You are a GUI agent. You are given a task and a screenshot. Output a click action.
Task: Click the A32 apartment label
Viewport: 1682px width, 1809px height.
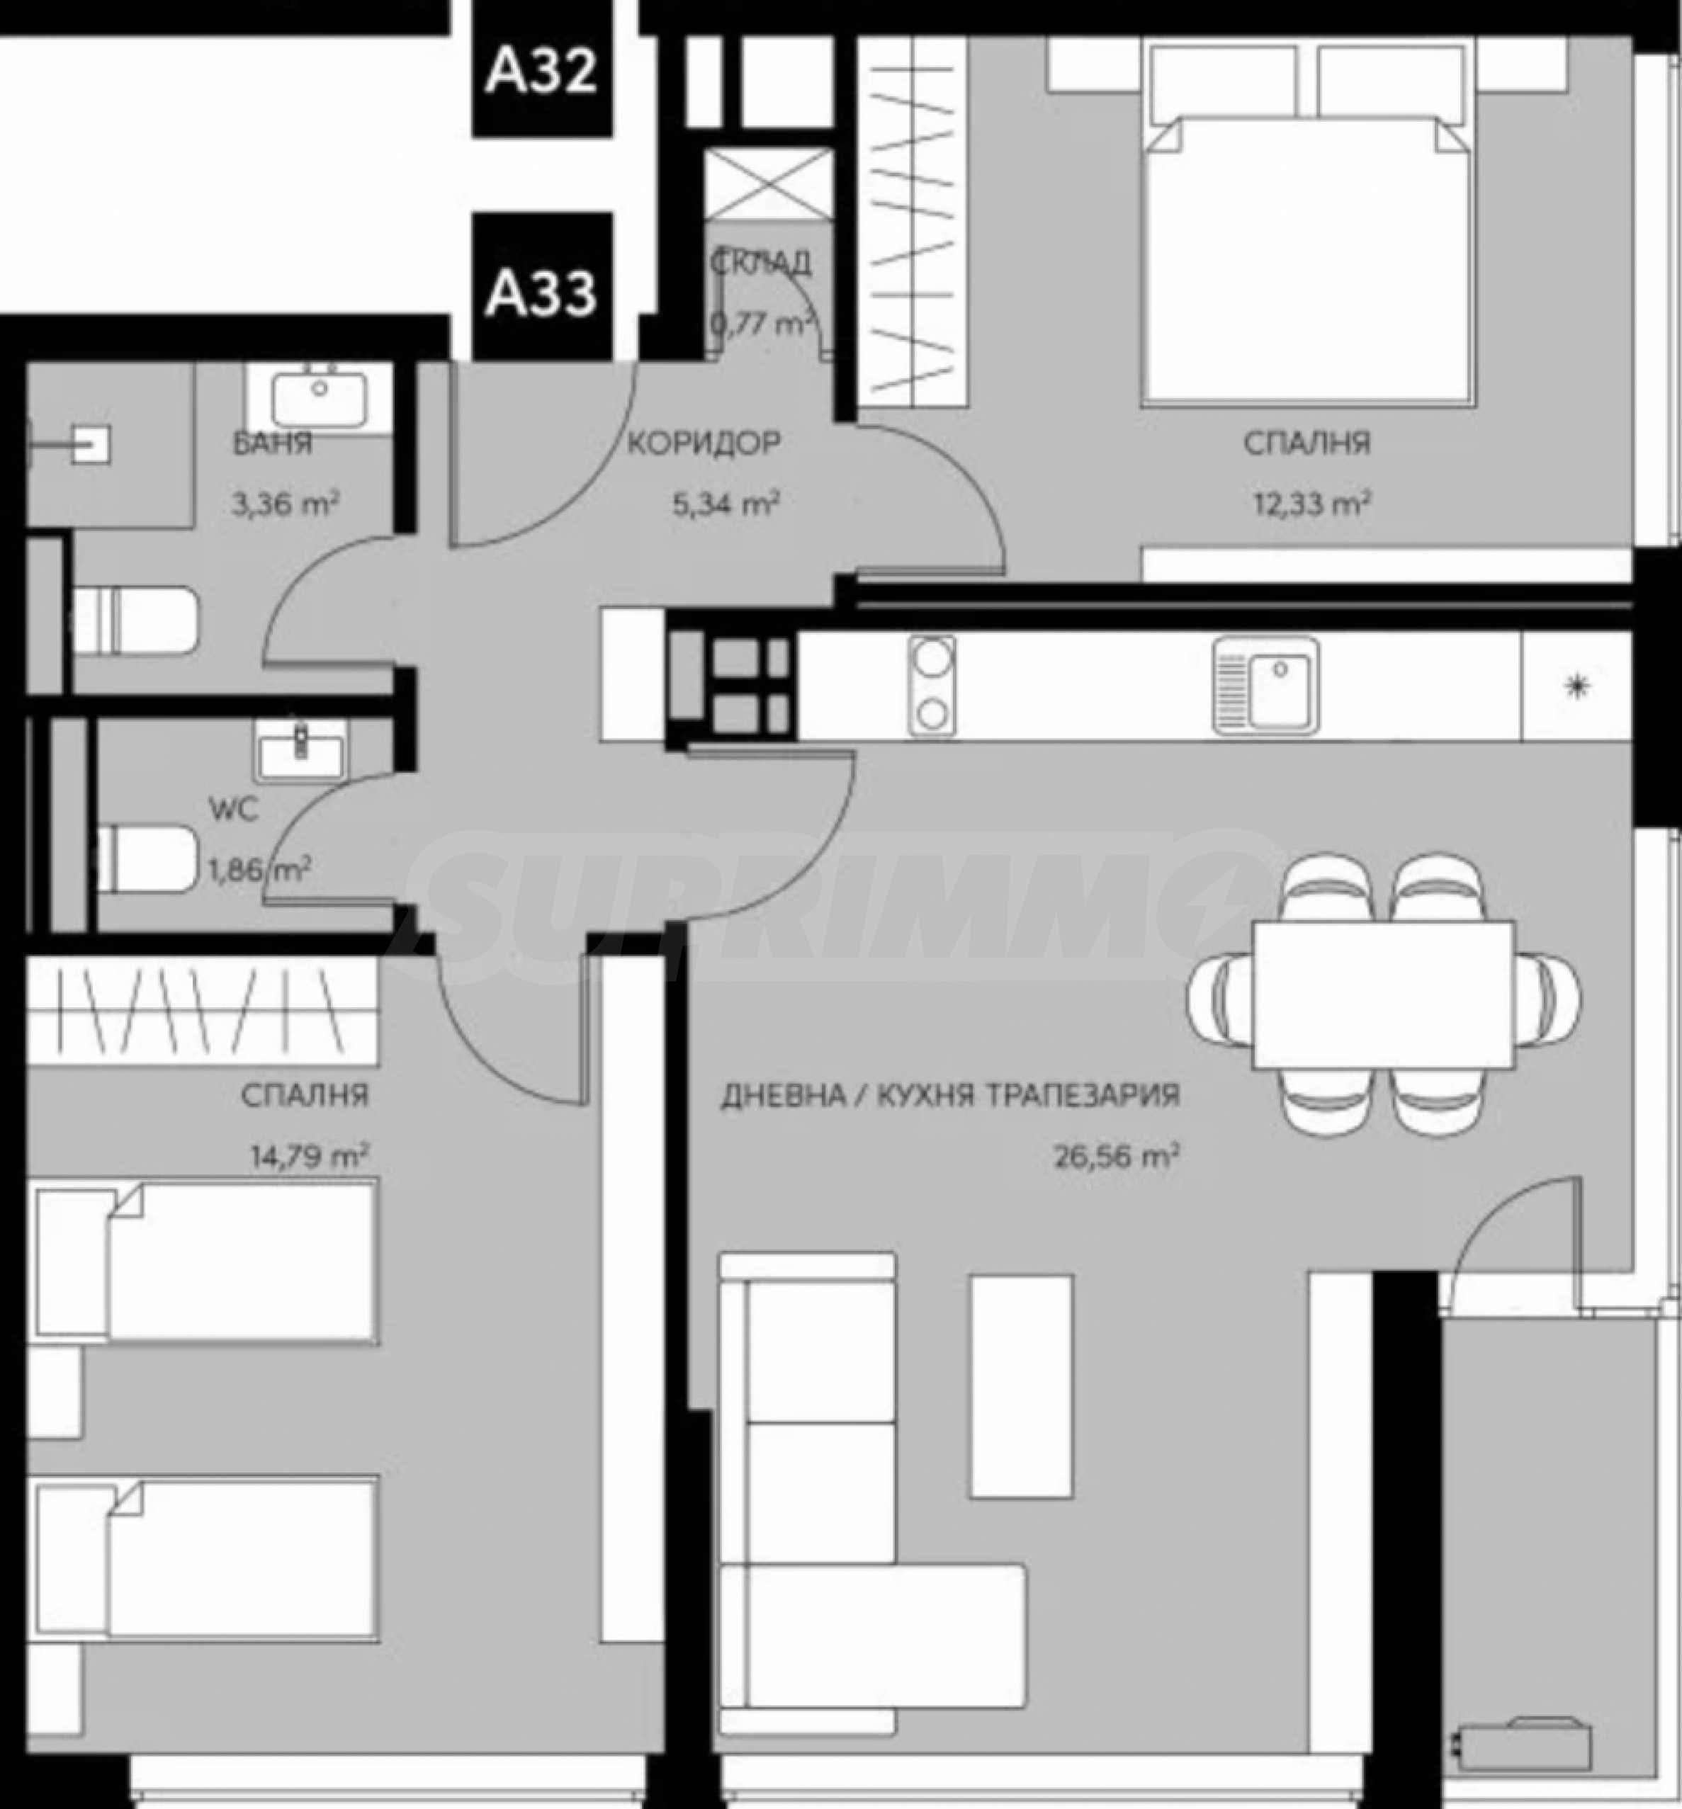pyautogui.click(x=541, y=71)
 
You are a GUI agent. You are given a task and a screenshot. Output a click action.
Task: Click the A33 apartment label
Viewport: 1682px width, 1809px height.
pyautogui.click(x=541, y=293)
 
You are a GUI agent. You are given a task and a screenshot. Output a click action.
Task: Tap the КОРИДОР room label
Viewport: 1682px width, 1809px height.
pyautogui.click(x=704, y=443)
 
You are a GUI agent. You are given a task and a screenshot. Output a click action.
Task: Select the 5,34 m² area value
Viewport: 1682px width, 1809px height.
pyautogui.click(x=726, y=502)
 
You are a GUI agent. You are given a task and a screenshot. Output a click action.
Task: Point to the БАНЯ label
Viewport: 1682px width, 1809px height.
pyautogui.click(x=272, y=443)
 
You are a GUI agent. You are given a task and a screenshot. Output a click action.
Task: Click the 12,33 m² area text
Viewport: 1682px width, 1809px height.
pyautogui.click(x=1312, y=502)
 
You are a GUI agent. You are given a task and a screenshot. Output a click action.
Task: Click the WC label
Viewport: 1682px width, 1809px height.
pyautogui.click(x=234, y=809)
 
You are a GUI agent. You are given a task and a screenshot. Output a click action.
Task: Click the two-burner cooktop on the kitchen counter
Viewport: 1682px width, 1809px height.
pyautogui.click(x=932, y=684)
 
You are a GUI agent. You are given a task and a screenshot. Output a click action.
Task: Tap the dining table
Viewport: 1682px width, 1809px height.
pyautogui.click(x=1384, y=994)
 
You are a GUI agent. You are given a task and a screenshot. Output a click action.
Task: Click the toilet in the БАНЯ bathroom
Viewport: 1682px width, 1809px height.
pyautogui.click(x=134, y=620)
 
